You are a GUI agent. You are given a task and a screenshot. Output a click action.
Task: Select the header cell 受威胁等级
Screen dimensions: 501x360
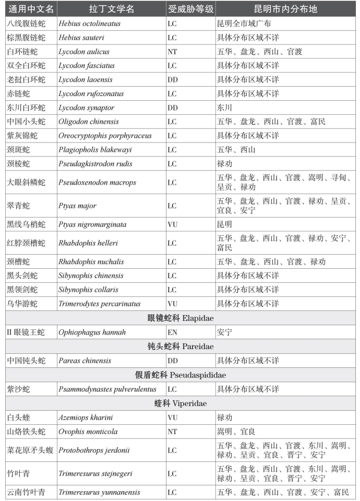pyautogui.click(x=190, y=10)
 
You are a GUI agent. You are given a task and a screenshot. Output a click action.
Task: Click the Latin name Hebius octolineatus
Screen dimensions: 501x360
pyautogui.click(x=89, y=24)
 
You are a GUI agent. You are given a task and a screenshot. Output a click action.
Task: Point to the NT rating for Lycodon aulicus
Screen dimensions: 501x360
pyautogui.click(x=173, y=52)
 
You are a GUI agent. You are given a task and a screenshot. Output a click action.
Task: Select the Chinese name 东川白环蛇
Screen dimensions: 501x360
pyautogui.click(x=27, y=108)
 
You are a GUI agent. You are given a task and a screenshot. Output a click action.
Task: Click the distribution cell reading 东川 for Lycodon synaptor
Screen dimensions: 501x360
pyautogui.click(x=224, y=108)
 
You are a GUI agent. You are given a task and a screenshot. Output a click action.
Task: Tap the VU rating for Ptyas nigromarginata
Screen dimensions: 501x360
pyautogui.click(x=173, y=224)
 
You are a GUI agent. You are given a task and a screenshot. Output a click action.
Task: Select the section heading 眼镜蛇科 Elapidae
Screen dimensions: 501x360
pyautogui.click(x=180, y=318)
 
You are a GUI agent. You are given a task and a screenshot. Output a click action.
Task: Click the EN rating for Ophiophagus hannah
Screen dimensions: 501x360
pyautogui.click(x=173, y=332)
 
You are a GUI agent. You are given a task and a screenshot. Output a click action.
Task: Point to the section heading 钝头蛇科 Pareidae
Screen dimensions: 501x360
pyautogui.click(x=180, y=346)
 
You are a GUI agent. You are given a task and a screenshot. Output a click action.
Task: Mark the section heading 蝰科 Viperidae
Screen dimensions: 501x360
pyautogui.click(x=180, y=403)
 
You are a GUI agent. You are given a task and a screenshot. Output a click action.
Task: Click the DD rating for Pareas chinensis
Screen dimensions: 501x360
pyautogui.click(x=173, y=361)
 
